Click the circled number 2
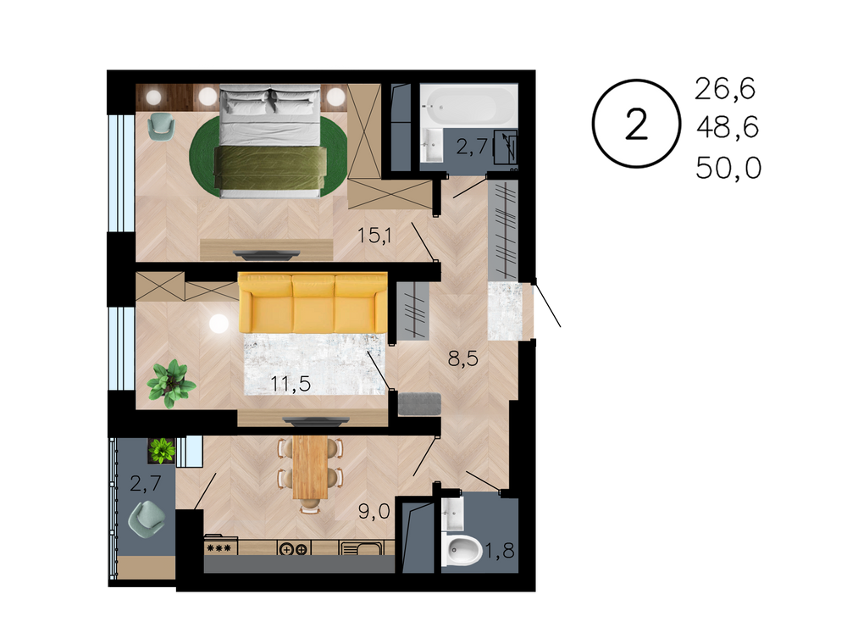(636, 124)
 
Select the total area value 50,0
(728, 168)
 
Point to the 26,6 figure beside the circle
(725, 89)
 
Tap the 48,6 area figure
(728, 128)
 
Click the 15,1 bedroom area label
(375, 235)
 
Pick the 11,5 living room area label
(291, 383)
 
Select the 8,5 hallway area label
(463, 358)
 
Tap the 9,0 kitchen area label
(374, 510)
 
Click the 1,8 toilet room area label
(499, 550)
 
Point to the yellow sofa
(313, 303)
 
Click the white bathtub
(468, 105)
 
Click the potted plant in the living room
(171, 383)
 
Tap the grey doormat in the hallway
(419, 404)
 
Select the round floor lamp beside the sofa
(219, 324)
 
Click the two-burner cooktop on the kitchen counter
(293, 548)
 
